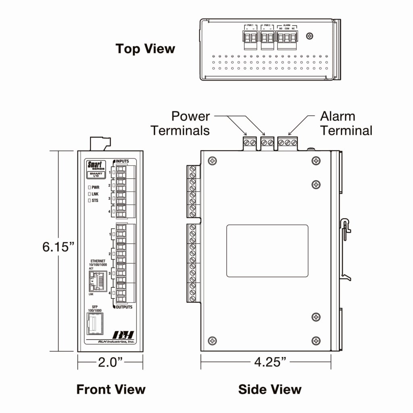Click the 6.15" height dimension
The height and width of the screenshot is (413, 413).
tap(58, 247)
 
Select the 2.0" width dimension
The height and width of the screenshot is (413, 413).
tap(110, 362)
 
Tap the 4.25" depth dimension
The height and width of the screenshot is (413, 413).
tap(270, 362)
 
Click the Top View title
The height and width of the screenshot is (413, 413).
tap(145, 49)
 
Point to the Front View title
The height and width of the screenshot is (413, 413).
tap(111, 389)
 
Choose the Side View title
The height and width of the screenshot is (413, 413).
tap(269, 389)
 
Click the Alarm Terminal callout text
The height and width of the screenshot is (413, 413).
tap(346, 123)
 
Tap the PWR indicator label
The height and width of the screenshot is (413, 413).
tap(96, 188)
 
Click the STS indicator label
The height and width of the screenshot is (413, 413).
tap(95, 200)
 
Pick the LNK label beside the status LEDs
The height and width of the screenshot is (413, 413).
tap(95, 194)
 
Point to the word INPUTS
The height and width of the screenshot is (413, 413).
tap(122, 161)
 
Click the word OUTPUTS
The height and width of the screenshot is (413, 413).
tap(124, 307)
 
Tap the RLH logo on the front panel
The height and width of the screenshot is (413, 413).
tap(123, 335)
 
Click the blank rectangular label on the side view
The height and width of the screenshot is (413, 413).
tap(267, 251)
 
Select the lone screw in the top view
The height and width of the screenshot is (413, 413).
tap(310, 36)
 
